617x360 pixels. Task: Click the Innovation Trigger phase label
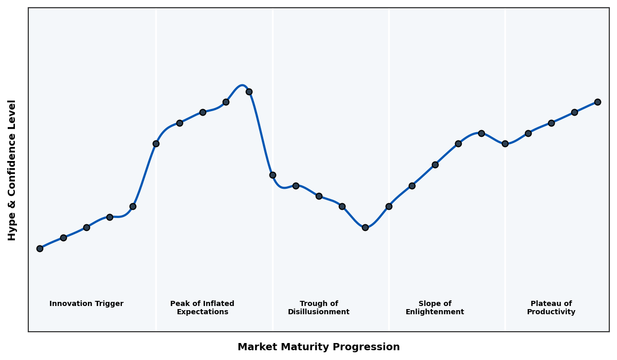[x=86, y=304]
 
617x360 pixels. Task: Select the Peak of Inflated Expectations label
[x=202, y=308]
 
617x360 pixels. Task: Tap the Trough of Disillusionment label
[x=318, y=308]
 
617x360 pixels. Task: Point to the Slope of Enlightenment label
[x=434, y=308]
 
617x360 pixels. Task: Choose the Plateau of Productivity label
[x=551, y=308]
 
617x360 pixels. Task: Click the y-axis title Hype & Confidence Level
[x=12, y=170]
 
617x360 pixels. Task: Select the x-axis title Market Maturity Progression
[x=318, y=347]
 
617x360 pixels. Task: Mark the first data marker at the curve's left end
[x=40, y=248]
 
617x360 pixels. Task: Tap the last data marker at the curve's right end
[x=597, y=102]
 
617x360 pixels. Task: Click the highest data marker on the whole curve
[x=249, y=92]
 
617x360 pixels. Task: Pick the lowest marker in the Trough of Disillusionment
[x=365, y=227]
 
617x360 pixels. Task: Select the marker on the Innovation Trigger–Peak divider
[x=156, y=143]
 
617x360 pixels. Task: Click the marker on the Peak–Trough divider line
[x=273, y=175]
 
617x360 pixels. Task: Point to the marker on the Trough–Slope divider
[x=389, y=206]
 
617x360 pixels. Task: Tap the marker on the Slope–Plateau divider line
[x=505, y=143]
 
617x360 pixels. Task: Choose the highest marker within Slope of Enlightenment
[x=481, y=133]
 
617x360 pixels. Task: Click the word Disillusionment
[x=318, y=312]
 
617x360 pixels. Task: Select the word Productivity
[x=551, y=312]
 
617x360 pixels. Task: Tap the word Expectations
[x=202, y=312]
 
